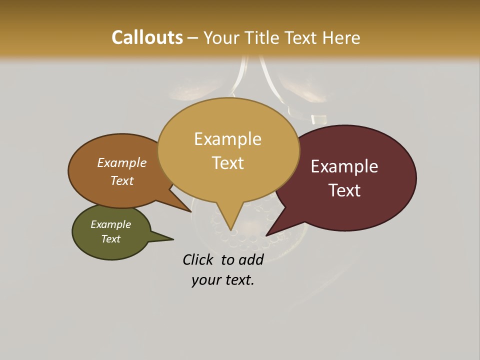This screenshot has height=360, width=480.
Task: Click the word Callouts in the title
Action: (147, 37)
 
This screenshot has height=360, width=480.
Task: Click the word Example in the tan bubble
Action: (227, 138)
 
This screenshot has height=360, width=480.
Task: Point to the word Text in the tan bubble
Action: (227, 163)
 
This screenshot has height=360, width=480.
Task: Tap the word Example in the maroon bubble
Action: (344, 166)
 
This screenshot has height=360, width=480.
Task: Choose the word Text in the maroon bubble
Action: (344, 190)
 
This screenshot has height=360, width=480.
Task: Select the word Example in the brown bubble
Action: (121, 162)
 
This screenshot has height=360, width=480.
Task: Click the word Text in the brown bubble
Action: (121, 180)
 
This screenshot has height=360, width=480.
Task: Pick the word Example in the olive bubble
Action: (110, 224)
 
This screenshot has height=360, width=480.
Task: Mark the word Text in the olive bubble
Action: (110, 239)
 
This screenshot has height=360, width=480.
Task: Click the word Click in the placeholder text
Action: (198, 259)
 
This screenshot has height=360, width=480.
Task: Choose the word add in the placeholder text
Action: (250, 259)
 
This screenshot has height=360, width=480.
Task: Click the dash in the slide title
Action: (193, 38)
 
